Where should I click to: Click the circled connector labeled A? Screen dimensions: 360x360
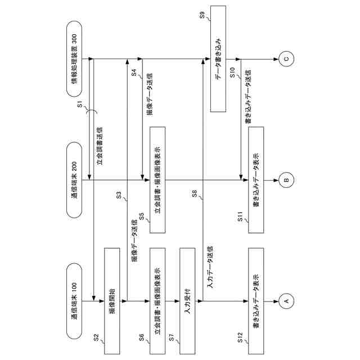tap(285, 301)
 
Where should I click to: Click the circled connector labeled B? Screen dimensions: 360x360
tap(285, 180)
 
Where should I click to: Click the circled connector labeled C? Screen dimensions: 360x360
tap(285, 58)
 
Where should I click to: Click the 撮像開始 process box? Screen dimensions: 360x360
tap(112, 301)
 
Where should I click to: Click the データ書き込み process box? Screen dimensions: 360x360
tap(218, 58)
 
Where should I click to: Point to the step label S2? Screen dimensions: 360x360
tap(97, 339)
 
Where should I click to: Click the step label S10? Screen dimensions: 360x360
tap(233, 71)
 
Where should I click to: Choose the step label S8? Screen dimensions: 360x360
tap(194, 195)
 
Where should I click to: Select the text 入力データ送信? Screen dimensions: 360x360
tap(209, 267)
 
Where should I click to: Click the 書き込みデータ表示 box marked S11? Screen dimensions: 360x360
tap(255, 180)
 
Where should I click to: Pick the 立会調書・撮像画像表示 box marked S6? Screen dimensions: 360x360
tap(158, 301)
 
